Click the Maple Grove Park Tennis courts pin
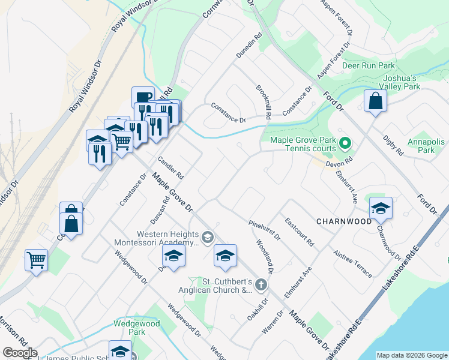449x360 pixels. click(x=345, y=143)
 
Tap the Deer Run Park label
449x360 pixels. click(x=369, y=65)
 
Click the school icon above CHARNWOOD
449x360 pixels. click(x=381, y=209)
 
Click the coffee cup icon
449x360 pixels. click(x=144, y=98)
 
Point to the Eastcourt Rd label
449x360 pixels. click(x=300, y=233)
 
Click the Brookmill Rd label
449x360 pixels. click(x=264, y=101)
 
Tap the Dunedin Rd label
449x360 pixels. click(x=250, y=46)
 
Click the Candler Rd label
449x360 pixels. click(x=170, y=168)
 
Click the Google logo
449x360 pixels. click(x=20, y=353)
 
